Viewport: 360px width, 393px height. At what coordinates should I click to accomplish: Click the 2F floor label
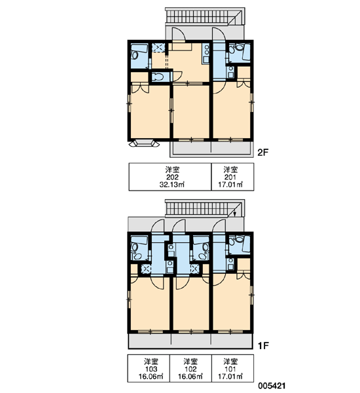click(263, 153)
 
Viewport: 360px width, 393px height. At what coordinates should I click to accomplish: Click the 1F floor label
click(263, 346)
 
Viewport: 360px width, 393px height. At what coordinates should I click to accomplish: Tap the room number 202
click(173, 178)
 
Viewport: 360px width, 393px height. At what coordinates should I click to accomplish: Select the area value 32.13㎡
click(172, 185)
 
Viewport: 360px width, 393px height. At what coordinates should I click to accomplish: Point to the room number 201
click(230, 178)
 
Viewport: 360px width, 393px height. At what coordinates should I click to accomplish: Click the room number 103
click(151, 369)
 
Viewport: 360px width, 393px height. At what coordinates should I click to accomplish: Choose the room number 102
click(190, 369)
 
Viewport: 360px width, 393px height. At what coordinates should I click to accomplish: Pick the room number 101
click(230, 369)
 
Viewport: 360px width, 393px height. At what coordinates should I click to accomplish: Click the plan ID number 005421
click(272, 386)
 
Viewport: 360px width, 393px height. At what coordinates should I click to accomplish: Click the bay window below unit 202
click(144, 144)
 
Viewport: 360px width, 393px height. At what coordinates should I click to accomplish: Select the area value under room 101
click(230, 377)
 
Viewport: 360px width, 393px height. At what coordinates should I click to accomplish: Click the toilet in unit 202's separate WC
click(158, 77)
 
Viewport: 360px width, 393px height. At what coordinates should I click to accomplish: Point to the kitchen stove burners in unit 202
click(207, 50)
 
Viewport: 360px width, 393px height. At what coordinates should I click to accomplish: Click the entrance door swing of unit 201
click(219, 33)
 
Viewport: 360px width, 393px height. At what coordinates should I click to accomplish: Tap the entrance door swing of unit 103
click(158, 226)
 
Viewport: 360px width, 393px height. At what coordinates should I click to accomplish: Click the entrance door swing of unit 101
click(219, 226)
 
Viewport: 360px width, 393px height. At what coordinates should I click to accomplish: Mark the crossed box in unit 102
click(194, 269)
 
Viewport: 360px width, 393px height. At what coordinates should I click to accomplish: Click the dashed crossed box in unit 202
click(158, 48)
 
